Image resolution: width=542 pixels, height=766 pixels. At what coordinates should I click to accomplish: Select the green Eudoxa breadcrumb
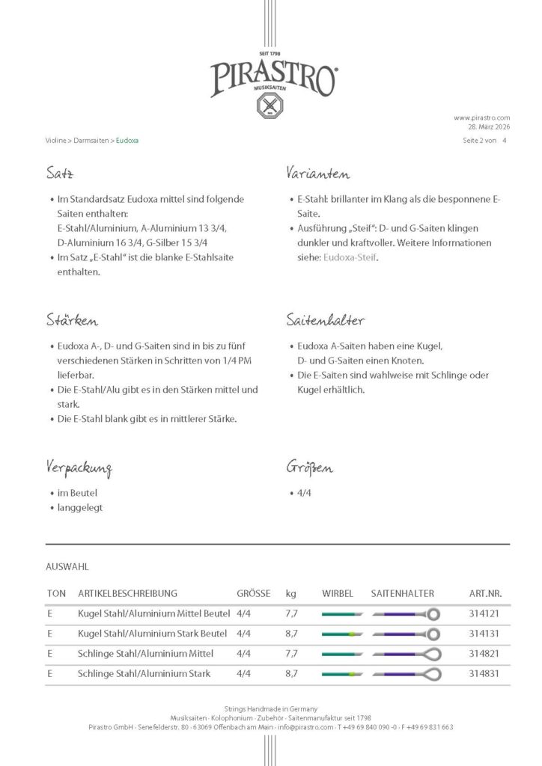click(127, 140)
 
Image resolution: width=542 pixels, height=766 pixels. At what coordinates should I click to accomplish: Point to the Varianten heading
click(317, 174)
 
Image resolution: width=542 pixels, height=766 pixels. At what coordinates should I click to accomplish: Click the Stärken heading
click(71, 321)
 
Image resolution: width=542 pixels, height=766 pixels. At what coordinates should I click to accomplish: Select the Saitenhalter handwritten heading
click(325, 321)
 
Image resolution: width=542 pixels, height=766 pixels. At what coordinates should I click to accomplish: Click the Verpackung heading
click(79, 469)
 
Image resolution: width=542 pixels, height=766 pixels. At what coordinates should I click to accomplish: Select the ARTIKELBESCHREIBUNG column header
click(127, 593)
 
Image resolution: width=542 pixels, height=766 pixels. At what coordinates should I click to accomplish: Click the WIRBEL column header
click(338, 593)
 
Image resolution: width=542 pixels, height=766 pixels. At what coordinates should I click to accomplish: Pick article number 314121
click(484, 613)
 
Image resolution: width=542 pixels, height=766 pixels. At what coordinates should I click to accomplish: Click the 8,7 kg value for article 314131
click(291, 634)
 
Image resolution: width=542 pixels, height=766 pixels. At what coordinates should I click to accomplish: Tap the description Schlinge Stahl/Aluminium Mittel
click(145, 654)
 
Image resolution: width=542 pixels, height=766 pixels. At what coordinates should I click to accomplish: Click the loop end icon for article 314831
click(431, 674)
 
